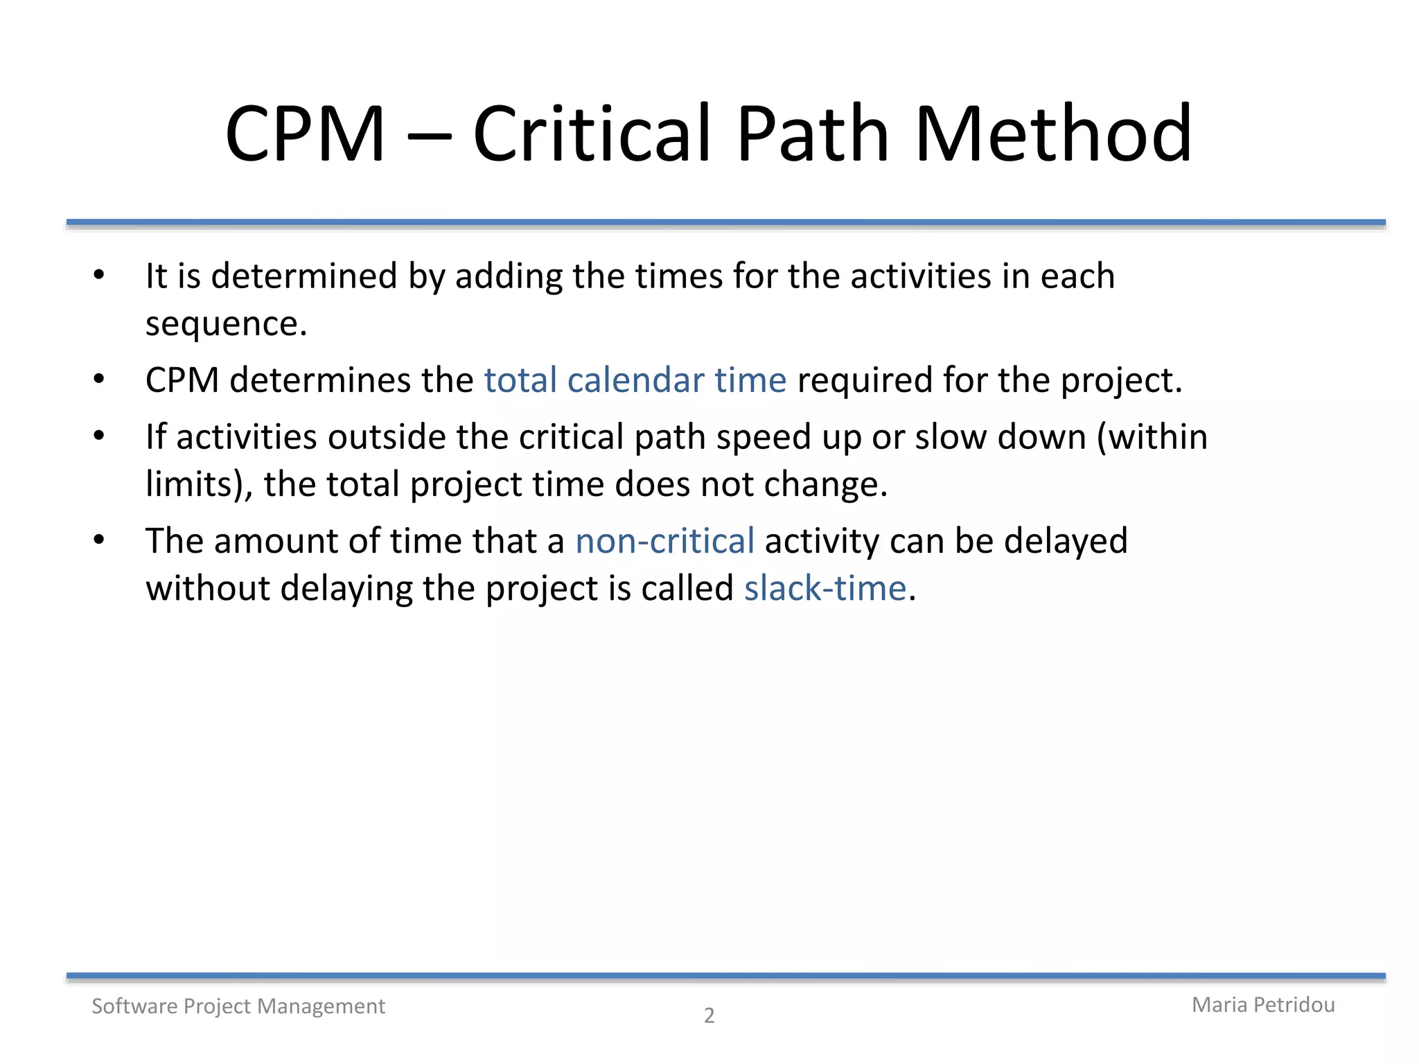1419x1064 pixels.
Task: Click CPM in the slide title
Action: click(305, 134)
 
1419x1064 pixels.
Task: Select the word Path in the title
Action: click(812, 134)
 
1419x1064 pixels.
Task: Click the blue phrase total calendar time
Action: click(635, 380)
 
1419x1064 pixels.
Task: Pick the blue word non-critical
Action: click(664, 541)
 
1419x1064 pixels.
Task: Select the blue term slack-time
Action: click(825, 588)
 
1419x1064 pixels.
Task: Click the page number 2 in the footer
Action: click(709, 1016)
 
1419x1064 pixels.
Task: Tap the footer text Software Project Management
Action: click(238, 1006)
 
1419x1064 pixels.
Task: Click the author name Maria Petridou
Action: click(1262, 1004)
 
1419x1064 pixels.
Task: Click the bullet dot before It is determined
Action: click(99, 275)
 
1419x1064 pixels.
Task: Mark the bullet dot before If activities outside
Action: click(99, 436)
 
